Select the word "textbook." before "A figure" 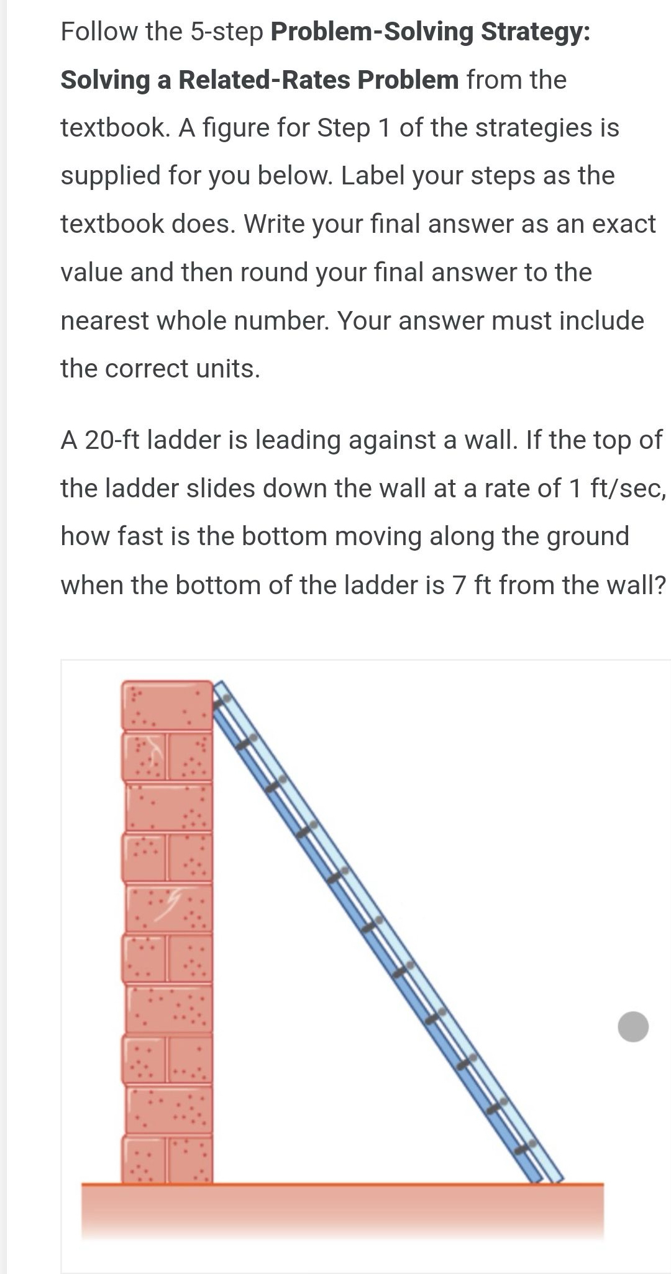[x=116, y=128]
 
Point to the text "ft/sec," [x=628, y=489]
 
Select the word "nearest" [x=104, y=321]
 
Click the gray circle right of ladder [x=633, y=1026]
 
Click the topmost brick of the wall [x=167, y=705]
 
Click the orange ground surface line [x=342, y=1184]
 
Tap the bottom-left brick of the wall [x=144, y=1160]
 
